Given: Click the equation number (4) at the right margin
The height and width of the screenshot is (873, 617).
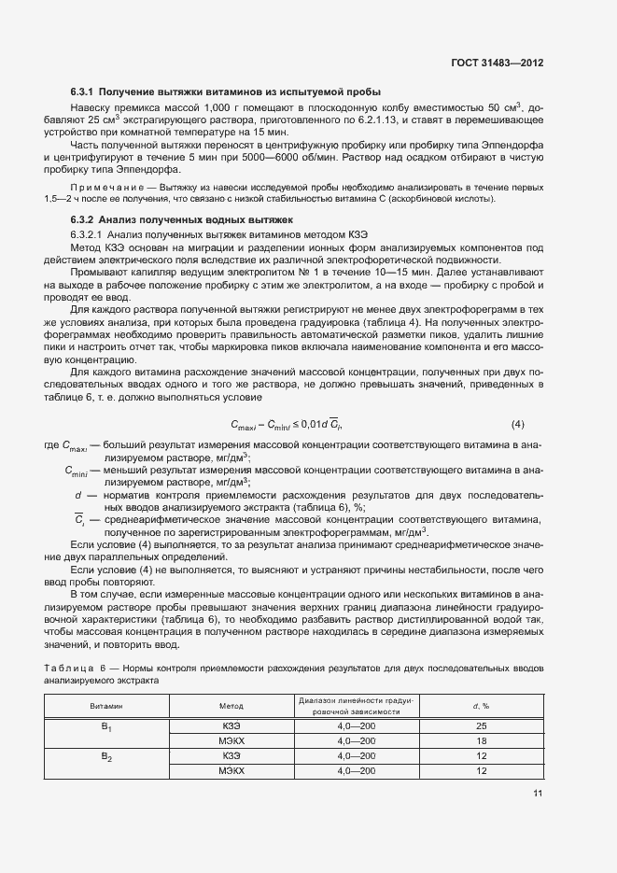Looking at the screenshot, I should (x=518, y=425).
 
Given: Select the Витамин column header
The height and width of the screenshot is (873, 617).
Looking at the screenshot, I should (x=105, y=707).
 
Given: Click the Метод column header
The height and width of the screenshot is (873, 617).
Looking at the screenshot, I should (x=230, y=707).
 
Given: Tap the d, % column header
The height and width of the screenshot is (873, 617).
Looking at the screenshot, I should (x=482, y=707).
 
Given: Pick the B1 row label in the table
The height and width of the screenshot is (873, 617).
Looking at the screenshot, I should (x=106, y=726).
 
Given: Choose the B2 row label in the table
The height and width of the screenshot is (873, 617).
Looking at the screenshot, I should (x=106, y=757).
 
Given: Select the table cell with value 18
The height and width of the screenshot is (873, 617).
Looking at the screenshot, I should (x=482, y=740).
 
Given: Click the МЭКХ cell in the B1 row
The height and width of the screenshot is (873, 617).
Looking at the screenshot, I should (x=231, y=740).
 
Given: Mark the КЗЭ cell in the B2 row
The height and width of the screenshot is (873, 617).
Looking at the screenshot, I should (x=231, y=755).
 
